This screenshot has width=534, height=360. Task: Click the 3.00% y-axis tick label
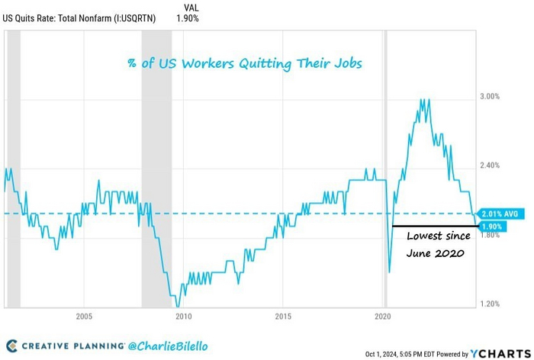pyautogui.click(x=489, y=96)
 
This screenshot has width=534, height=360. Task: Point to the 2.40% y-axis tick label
pyautogui.click(x=489, y=166)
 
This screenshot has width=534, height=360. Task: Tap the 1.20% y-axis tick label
pyautogui.click(x=489, y=304)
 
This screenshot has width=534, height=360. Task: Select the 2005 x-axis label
pyautogui.click(x=84, y=315)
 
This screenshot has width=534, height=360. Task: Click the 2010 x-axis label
pyautogui.click(x=183, y=315)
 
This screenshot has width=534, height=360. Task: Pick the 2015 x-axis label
pyautogui.click(x=283, y=315)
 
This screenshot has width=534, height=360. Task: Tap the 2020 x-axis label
pyautogui.click(x=383, y=315)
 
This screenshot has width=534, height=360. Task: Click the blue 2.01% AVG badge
pyautogui.click(x=500, y=214)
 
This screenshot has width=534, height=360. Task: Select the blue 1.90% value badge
pyautogui.click(x=491, y=227)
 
